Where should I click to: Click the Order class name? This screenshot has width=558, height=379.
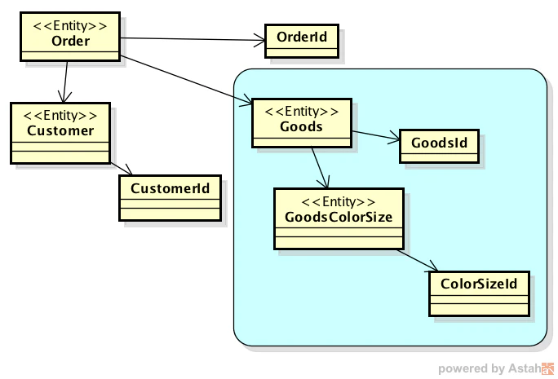70,41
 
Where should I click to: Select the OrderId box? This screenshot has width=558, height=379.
302,41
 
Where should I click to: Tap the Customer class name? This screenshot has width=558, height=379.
60,130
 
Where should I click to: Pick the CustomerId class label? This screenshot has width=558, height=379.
170,188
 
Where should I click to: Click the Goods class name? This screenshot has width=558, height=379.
301,126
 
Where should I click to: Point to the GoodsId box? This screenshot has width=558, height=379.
439,146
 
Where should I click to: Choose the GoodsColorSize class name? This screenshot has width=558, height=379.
339,217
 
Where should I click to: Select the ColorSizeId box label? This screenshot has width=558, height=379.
479,284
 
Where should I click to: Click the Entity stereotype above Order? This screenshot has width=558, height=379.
70,26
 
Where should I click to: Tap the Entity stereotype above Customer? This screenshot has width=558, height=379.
60,116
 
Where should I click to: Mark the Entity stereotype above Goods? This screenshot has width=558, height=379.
301,112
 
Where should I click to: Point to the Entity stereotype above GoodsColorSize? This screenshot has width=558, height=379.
339,202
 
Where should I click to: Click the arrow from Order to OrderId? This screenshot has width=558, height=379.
193,39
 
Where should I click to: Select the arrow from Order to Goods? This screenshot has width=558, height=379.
186,81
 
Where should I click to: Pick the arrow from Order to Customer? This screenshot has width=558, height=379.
65,82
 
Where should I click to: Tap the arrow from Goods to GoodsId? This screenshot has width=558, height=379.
376,136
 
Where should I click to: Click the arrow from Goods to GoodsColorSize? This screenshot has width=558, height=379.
320,168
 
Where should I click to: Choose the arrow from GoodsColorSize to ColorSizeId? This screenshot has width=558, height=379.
418,261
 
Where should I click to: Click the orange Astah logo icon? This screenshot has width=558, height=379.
547,368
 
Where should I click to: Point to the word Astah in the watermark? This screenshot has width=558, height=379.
525,368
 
